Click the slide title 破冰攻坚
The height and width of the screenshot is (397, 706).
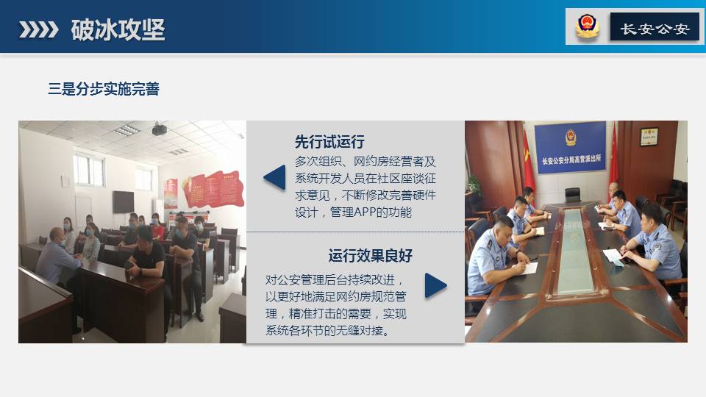pyautogui.click(x=118, y=29)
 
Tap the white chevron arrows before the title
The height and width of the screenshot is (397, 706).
pyautogui.click(x=39, y=29)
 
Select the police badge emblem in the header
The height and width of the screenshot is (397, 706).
pyautogui.click(x=587, y=26)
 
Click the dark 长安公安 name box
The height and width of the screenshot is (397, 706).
pyautogui.click(x=655, y=26)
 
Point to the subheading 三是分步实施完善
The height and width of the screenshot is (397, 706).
pyautogui.click(x=104, y=89)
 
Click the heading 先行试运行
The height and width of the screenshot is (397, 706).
pyautogui.click(x=329, y=142)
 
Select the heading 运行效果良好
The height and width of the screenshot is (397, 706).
pyautogui.click(x=370, y=256)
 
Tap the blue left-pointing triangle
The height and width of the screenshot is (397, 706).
pyautogui.click(x=274, y=177)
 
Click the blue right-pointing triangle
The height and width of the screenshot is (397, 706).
pyautogui.click(x=435, y=285)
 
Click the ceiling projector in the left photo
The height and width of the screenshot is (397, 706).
pyautogui.click(x=159, y=129)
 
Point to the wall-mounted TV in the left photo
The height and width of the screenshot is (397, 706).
pyautogui.click(x=123, y=201)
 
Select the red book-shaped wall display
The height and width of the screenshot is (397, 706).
pyautogui.click(x=213, y=188)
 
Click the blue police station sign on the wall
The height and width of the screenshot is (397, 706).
pyautogui.click(x=570, y=147)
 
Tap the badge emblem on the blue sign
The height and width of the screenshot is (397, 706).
pyautogui.click(x=571, y=137)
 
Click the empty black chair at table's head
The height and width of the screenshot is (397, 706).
pyautogui.click(x=572, y=194)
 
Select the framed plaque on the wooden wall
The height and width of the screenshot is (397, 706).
pyautogui.click(x=649, y=137)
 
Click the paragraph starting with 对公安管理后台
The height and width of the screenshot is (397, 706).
pyautogui.click(x=336, y=305)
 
